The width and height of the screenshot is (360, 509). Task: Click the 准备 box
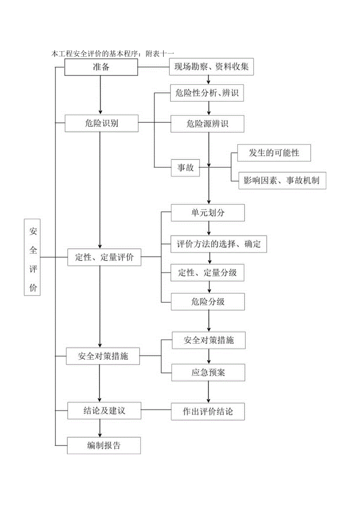[101, 67]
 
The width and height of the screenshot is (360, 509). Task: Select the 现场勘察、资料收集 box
[211, 67]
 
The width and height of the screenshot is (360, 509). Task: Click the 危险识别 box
[101, 123]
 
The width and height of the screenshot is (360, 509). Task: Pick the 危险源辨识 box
[208, 124]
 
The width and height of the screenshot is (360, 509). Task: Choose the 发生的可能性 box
[274, 153]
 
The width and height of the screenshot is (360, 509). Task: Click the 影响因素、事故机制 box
[282, 180]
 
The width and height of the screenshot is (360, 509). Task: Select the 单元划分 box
[208, 213]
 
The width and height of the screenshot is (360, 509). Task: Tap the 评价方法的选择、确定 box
[219, 244]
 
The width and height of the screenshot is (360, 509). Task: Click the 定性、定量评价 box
[104, 257]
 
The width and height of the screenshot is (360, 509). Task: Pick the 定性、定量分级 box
[208, 272]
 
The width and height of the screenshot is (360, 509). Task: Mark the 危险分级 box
[208, 301]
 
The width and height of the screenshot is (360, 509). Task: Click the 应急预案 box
[208, 372]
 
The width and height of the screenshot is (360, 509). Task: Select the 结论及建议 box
[104, 411]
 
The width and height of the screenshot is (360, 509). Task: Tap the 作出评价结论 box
[208, 412]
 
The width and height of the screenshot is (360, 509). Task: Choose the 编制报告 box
[104, 445]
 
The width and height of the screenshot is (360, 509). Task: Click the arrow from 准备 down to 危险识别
[101, 94]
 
